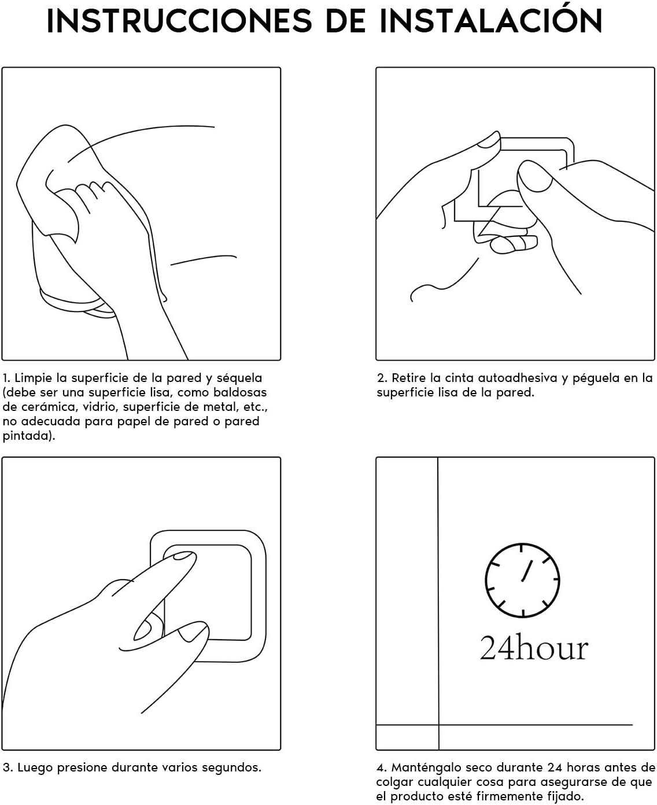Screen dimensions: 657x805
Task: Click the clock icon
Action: tap(522, 580)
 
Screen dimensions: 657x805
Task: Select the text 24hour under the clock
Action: tap(534, 648)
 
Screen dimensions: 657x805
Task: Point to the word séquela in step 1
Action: tap(239, 378)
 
